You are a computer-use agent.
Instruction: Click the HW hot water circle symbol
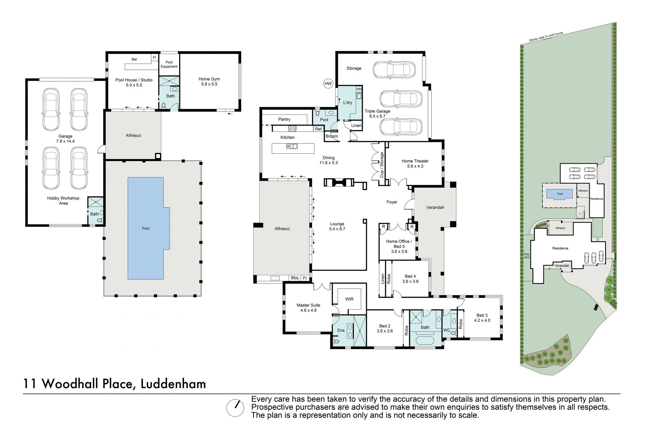pos(327,83)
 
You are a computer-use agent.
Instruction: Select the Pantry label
pos(284,119)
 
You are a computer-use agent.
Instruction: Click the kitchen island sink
pos(292,146)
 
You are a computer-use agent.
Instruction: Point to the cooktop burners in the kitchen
pos(292,128)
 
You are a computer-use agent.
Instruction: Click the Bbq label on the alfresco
pos(295,278)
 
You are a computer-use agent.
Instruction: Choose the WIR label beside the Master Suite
pos(349,299)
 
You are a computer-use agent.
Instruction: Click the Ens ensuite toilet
pos(337,342)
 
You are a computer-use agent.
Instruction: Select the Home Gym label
pos(209,79)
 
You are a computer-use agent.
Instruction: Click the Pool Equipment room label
pos(169,64)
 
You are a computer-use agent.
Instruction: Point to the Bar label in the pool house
pos(134,59)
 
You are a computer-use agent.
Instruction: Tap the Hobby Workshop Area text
pos(63,201)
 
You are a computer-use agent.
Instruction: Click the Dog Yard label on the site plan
pos(527,255)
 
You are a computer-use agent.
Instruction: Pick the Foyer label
pos(392,202)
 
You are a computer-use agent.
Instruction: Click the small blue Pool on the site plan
pos(559,194)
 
